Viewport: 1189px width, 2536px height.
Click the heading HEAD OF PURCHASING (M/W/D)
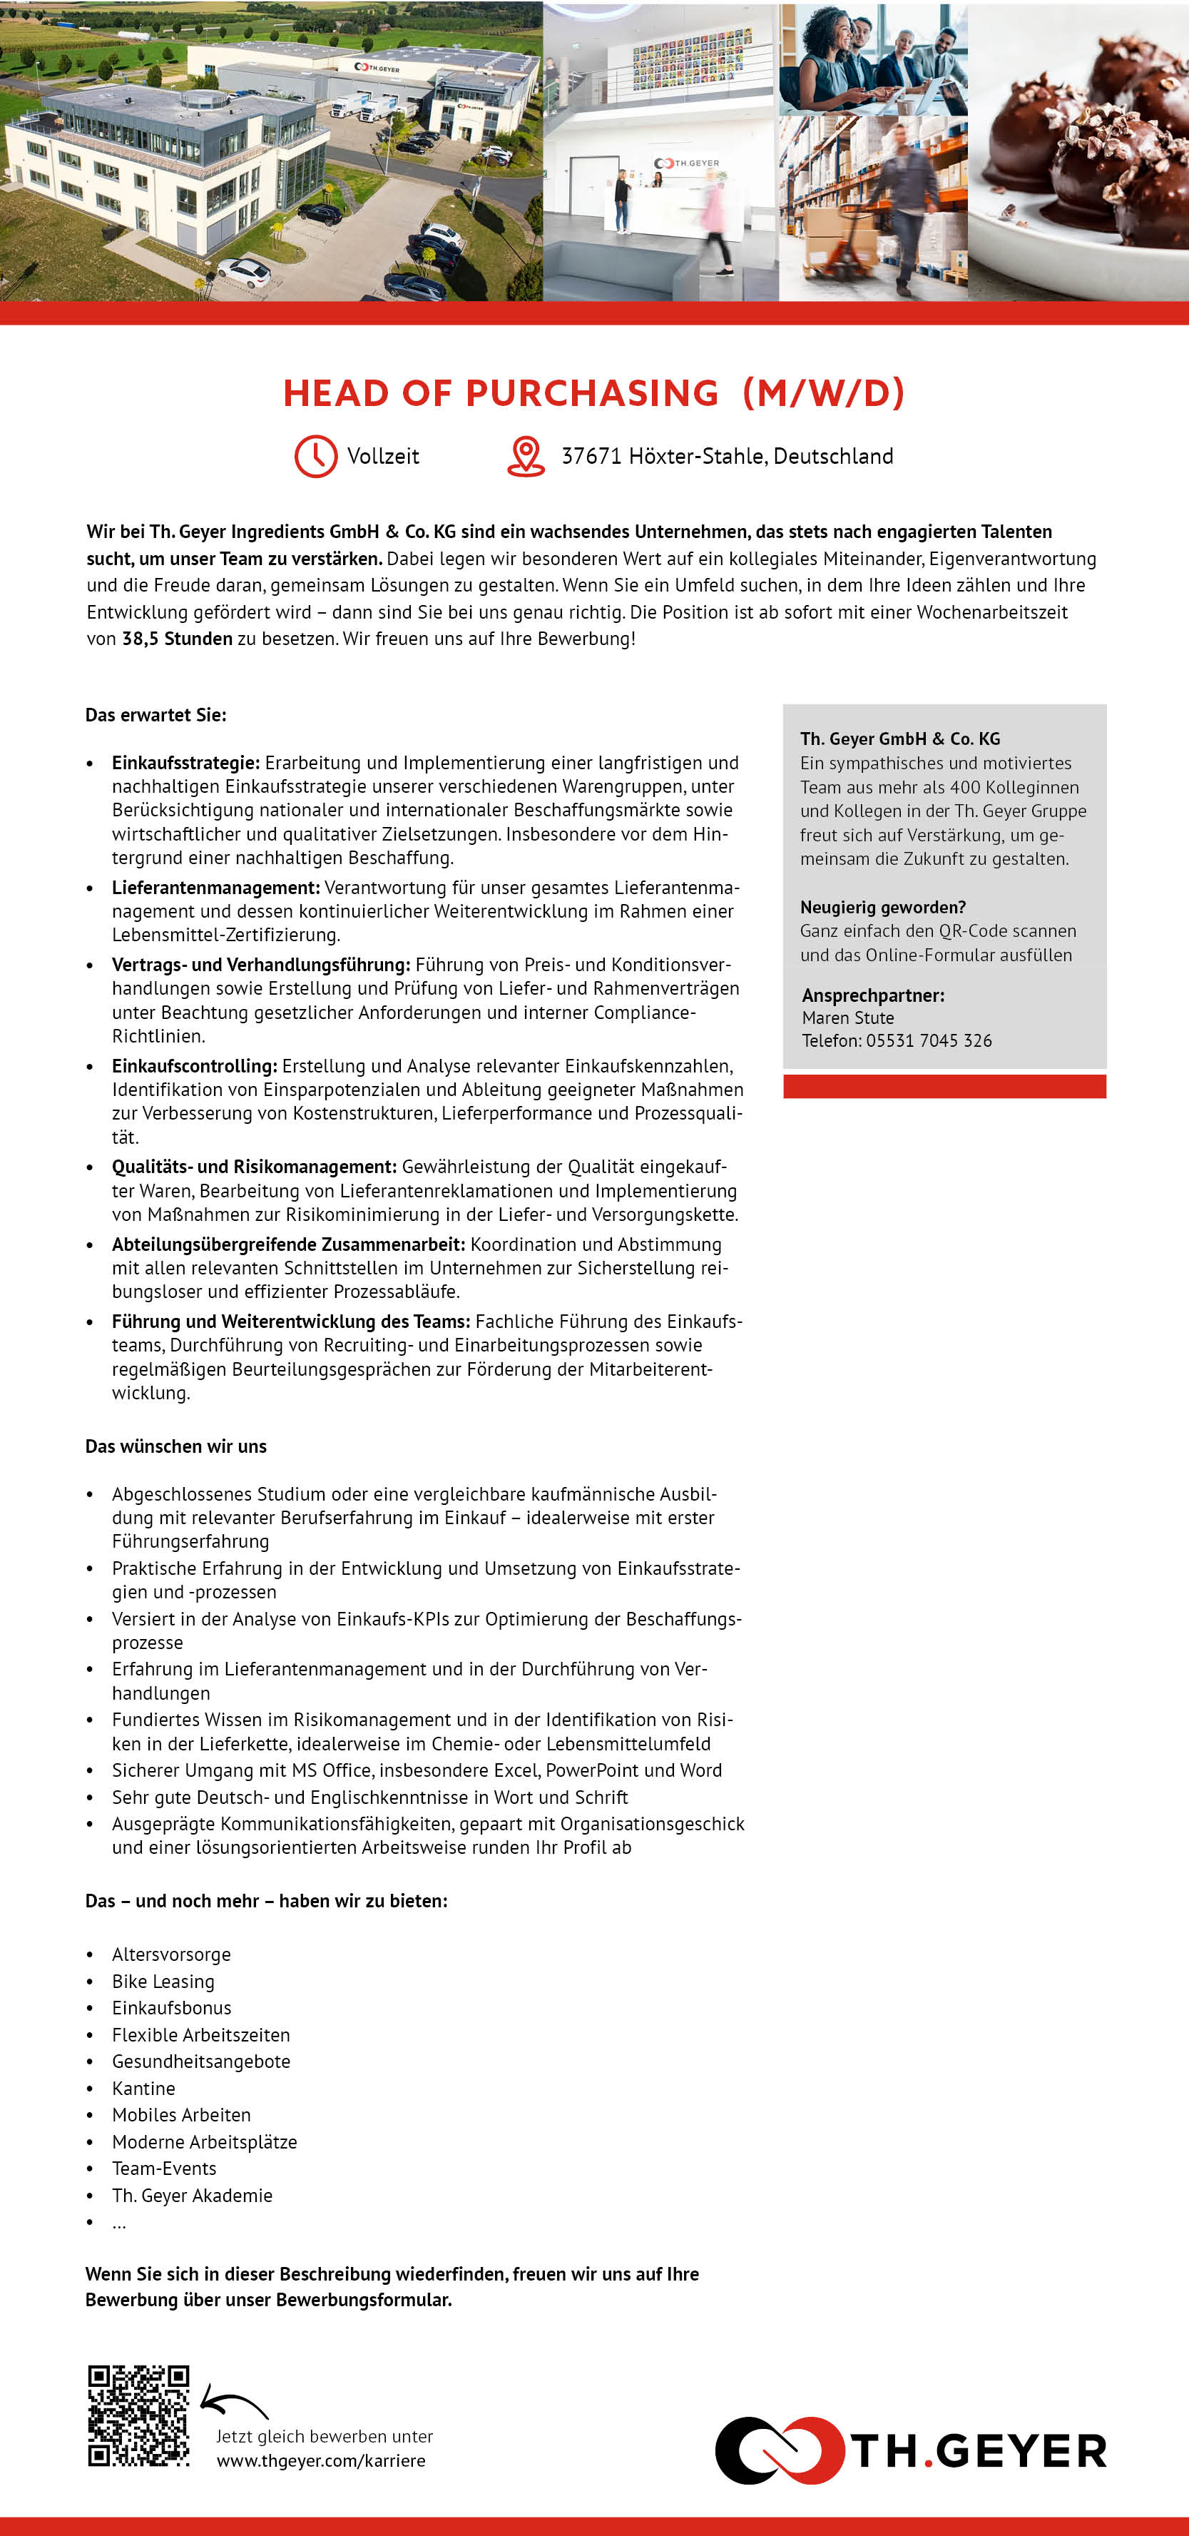[593, 392]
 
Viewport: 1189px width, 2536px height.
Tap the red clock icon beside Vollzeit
[316, 456]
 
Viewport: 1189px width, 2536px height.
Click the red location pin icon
[526, 456]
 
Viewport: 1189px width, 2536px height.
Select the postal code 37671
[591, 456]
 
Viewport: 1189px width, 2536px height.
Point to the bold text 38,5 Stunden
[177, 638]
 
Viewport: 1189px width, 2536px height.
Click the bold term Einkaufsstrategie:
[185, 763]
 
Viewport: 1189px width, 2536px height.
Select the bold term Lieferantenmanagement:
[215, 887]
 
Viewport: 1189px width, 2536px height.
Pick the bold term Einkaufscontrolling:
[194, 1066]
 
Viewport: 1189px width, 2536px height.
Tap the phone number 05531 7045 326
[928, 1040]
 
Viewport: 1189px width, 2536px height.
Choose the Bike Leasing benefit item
[163, 1982]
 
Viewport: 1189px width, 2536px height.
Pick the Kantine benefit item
[143, 2088]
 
